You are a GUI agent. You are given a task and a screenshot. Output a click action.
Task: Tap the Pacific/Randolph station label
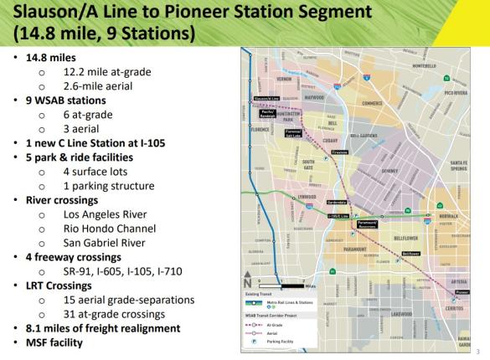coord(268,112)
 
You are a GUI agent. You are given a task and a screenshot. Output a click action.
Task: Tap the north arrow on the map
coord(247,282)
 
